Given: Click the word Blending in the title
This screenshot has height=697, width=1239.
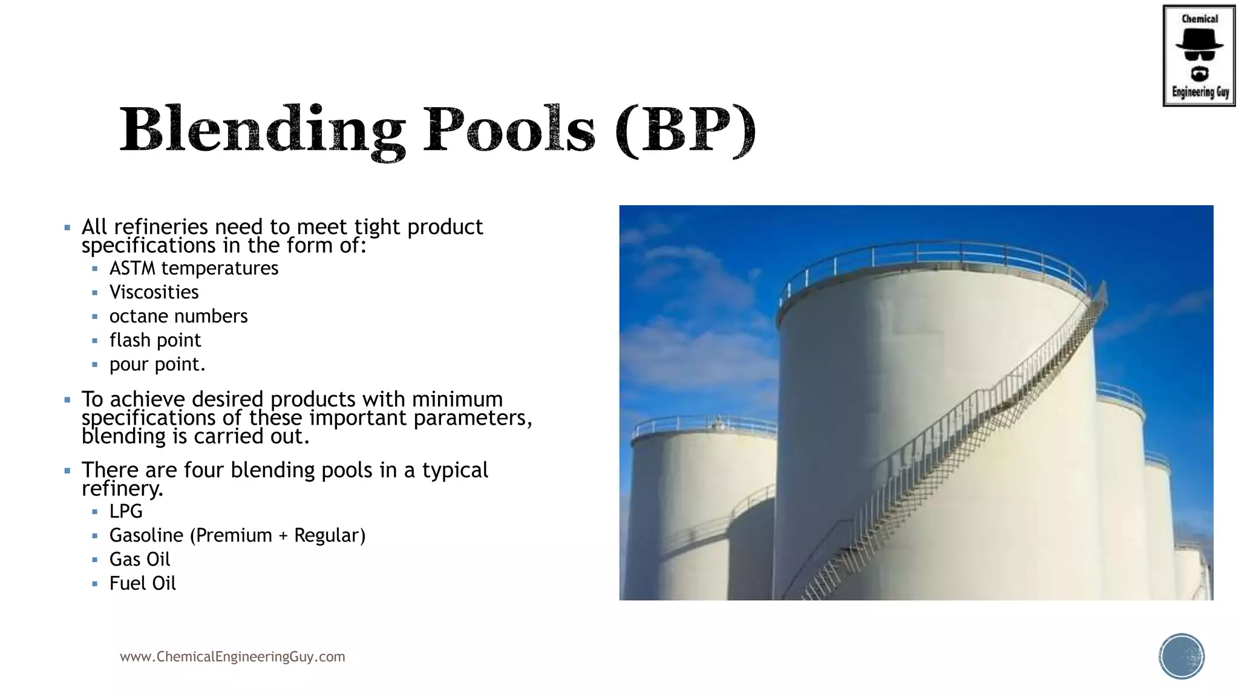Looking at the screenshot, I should click(262, 129).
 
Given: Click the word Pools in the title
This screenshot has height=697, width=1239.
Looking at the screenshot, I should click(509, 129).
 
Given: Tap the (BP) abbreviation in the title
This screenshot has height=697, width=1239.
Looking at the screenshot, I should click(685, 129).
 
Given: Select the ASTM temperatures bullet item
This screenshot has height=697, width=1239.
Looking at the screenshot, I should click(194, 268).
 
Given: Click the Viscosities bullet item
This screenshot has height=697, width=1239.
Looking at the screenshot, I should click(154, 292).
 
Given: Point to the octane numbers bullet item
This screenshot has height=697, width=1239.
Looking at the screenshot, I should click(178, 316).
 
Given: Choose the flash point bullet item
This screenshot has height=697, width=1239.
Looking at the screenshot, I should click(155, 341).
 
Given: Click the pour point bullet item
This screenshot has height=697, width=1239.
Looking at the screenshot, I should click(157, 364).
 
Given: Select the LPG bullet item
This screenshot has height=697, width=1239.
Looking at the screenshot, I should click(126, 511).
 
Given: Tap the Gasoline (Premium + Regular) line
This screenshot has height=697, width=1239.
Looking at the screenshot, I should click(237, 535).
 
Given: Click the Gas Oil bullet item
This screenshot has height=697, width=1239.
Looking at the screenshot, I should click(140, 560).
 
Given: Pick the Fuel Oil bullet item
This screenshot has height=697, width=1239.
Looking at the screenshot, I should click(143, 584).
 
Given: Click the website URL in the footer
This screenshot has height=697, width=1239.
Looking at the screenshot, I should click(232, 657).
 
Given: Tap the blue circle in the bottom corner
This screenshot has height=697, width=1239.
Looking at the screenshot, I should click(1182, 656).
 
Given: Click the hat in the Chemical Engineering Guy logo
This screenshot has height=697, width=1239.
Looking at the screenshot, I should click(1199, 40).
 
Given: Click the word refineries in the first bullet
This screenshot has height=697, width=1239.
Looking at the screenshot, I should click(161, 227).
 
